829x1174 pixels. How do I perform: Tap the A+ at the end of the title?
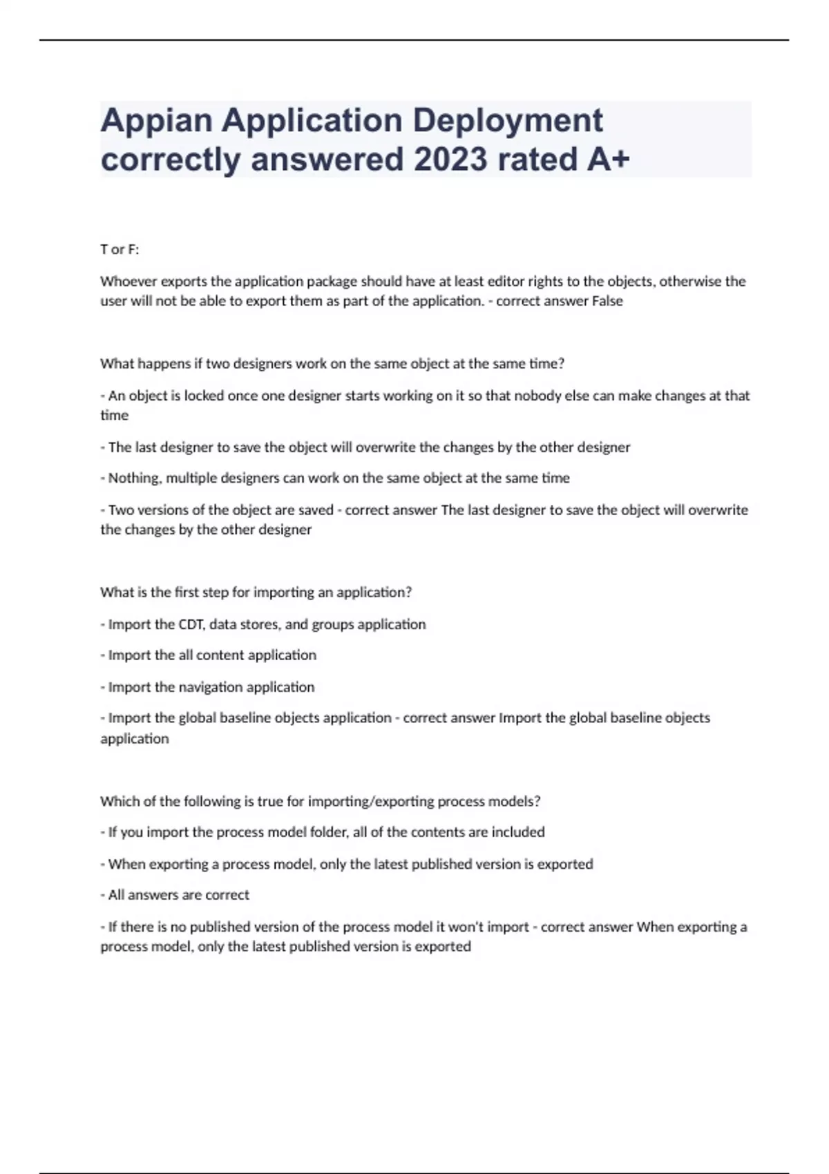(x=608, y=160)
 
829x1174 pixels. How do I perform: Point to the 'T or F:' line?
(x=120, y=250)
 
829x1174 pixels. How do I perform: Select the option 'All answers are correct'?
(x=178, y=895)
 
